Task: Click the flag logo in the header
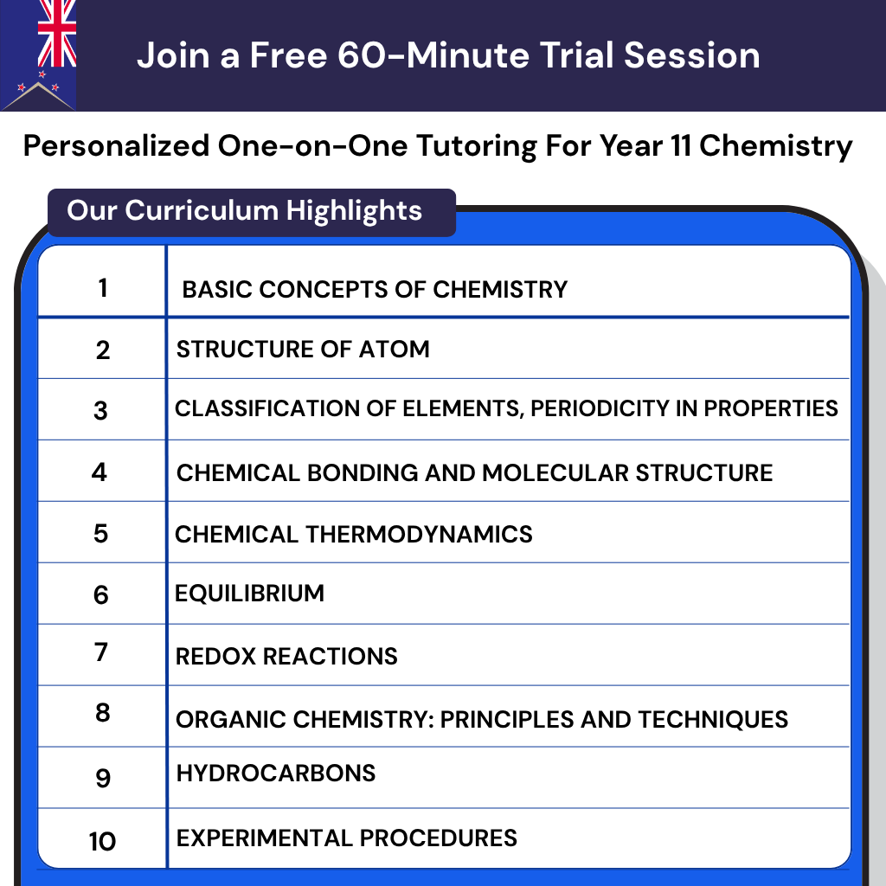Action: click(x=39, y=54)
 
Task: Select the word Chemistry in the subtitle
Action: click(x=775, y=145)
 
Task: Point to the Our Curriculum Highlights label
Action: click(x=245, y=210)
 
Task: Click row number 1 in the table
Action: click(x=103, y=287)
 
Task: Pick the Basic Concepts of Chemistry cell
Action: click(x=375, y=289)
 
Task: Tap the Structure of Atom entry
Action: click(x=303, y=350)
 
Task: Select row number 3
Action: click(x=100, y=410)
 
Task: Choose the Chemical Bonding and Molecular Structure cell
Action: click(x=474, y=473)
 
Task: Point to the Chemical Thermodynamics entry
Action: click(x=353, y=534)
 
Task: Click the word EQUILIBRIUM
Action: click(x=249, y=594)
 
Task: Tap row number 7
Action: click(x=101, y=652)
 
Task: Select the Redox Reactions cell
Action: click(x=286, y=656)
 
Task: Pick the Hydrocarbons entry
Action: click(x=275, y=773)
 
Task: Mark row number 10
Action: click(x=102, y=840)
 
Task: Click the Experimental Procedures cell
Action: click(x=346, y=838)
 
